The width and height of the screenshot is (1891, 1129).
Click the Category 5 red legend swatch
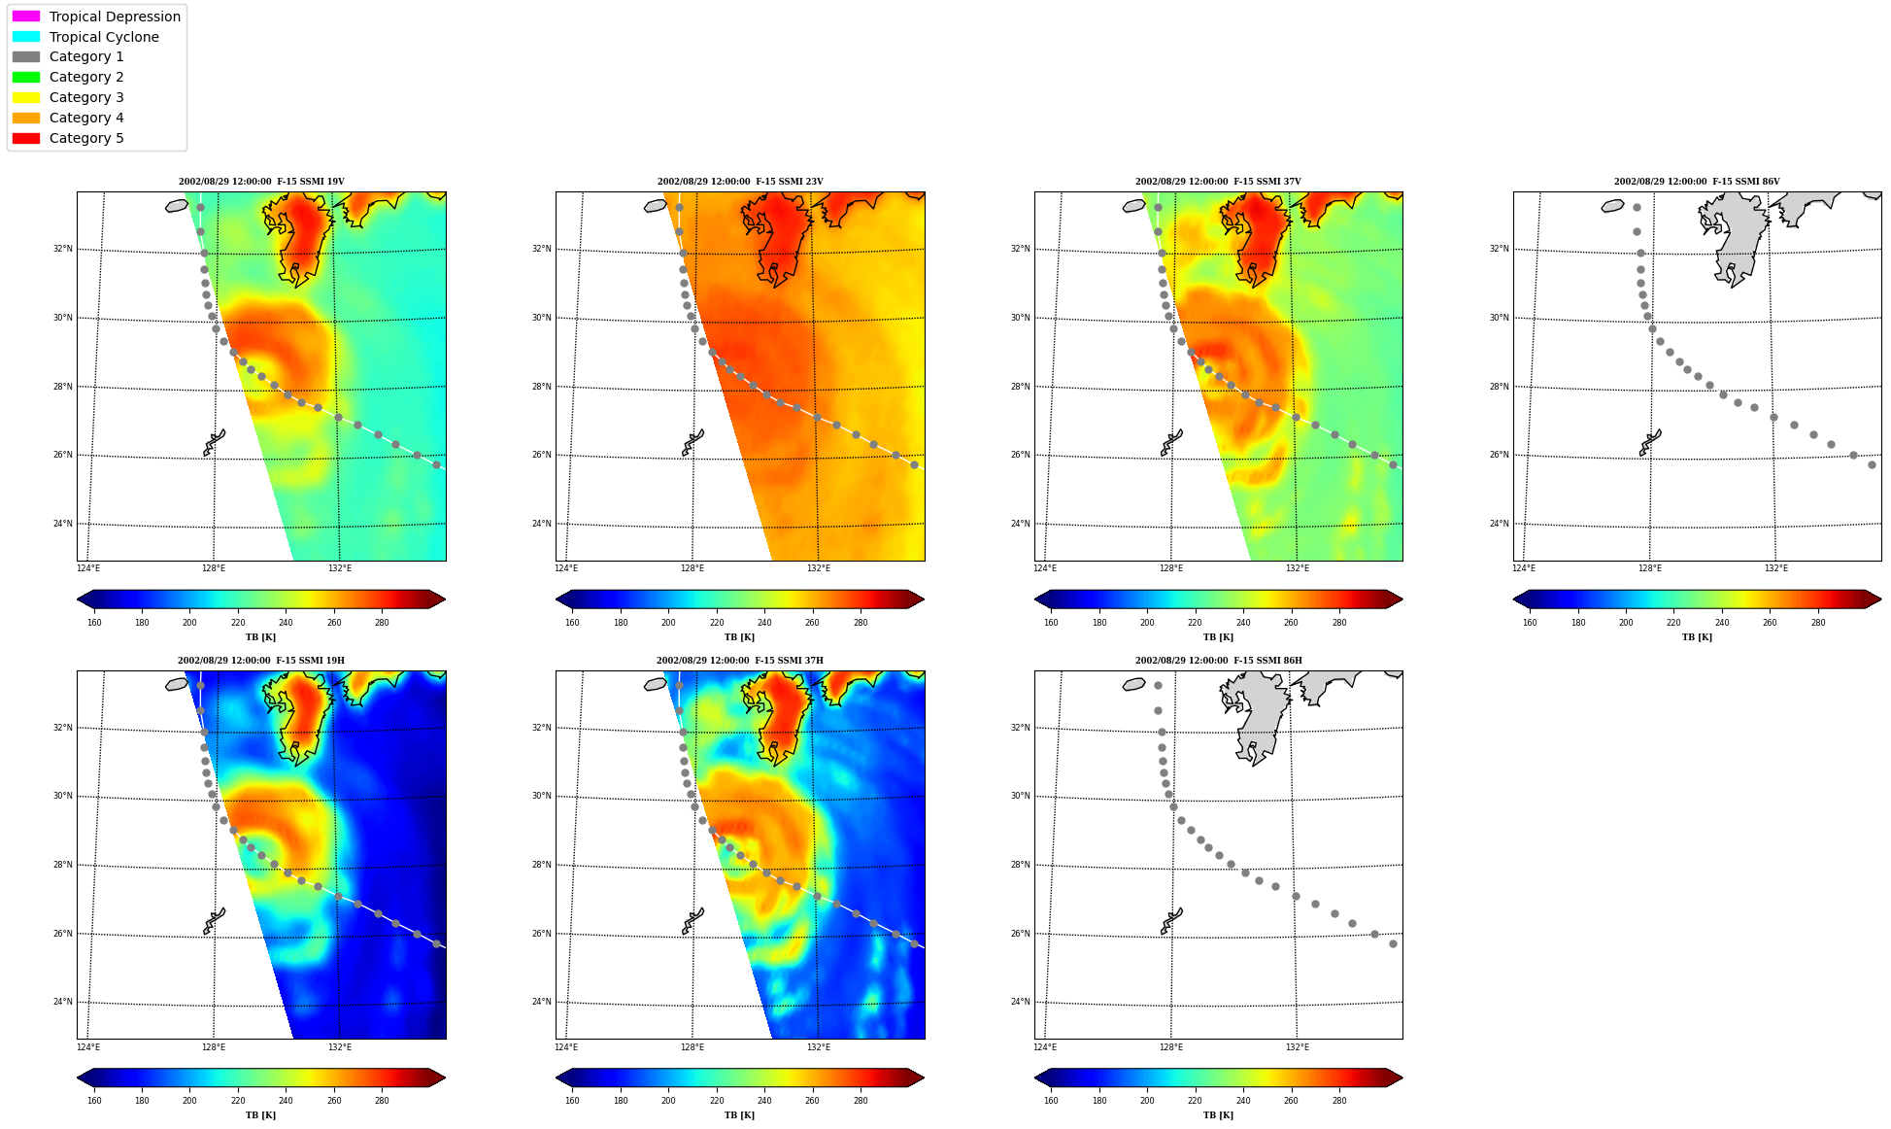point(26,138)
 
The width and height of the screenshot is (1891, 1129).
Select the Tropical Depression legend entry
point(96,17)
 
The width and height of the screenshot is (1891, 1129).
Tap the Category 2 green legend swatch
point(26,77)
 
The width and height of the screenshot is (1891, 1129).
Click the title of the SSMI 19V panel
point(261,182)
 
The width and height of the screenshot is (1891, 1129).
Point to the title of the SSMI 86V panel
point(1697,182)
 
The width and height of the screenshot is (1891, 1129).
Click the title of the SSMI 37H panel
point(740,661)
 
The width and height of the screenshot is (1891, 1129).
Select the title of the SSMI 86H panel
point(1219,661)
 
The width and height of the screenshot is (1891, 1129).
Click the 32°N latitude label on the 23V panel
point(541,249)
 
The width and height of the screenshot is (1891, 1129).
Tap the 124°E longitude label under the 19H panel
point(88,1047)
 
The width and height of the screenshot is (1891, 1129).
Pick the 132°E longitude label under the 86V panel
point(1776,568)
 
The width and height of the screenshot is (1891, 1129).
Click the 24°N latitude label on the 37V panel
point(1020,524)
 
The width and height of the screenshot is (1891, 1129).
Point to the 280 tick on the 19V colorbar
point(382,623)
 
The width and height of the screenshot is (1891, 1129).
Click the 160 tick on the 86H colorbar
point(1051,1101)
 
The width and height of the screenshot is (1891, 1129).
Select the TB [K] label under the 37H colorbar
point(739,1115)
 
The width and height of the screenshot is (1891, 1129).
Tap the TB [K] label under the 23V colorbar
point(739,637)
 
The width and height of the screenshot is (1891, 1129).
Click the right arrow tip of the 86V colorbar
point(1881,599)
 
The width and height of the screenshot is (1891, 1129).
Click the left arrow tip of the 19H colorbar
point(78,1078)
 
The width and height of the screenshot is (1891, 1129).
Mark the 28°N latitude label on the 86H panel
point(1020,865)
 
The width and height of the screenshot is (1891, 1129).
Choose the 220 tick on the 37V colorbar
point(1195,623)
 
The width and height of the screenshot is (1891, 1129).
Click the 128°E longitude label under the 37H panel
point(692,1047)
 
